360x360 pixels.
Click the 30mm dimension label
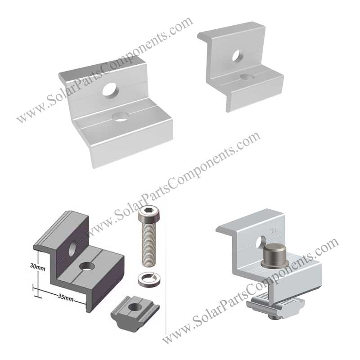(38, 267)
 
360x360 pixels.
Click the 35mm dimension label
(65, 297)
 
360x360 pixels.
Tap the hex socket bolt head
(149, 213)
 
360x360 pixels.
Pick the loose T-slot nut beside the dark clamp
(135, 311)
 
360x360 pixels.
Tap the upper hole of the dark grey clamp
(73, 248)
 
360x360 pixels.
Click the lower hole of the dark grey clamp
(87, 266)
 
